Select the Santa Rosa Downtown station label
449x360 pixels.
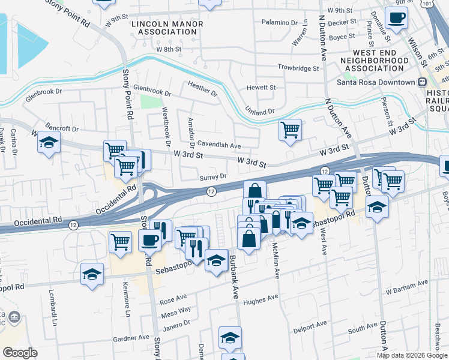(376, 82)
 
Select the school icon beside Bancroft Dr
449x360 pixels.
(49, 143)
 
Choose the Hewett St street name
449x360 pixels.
(261, 88)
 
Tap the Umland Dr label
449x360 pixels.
(259, 110)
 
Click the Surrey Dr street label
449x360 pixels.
(212, 177)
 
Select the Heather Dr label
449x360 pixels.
(202, 89)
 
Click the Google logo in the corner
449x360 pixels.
(19, 353)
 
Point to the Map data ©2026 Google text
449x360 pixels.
(411, 355)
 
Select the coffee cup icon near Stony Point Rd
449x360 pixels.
(149, 239)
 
